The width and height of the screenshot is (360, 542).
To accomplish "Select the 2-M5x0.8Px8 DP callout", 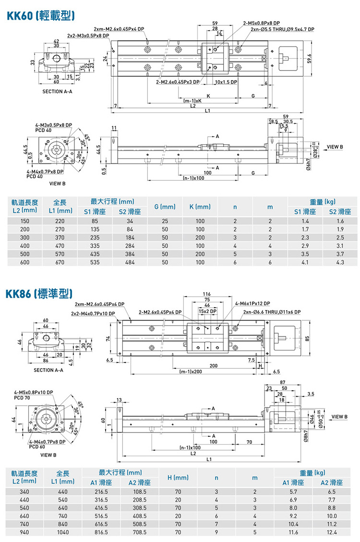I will coord(262,23).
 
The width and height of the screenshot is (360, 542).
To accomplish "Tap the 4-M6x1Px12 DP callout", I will coord(252,303).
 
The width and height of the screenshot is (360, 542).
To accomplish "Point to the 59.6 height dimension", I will coord(310,58).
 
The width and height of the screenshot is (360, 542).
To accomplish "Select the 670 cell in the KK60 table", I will coord(60,263).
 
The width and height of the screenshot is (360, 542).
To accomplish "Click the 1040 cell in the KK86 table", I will coord(62,532).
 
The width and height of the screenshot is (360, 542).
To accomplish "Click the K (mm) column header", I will coord(200,207).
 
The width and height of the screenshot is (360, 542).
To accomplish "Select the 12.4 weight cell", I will coord(331,532).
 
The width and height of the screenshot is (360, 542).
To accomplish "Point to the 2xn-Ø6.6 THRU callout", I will coord(272,312).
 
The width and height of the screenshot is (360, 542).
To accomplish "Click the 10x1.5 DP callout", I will coord(226,82).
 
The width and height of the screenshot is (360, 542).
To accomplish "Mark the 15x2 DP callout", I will coord(208,311).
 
